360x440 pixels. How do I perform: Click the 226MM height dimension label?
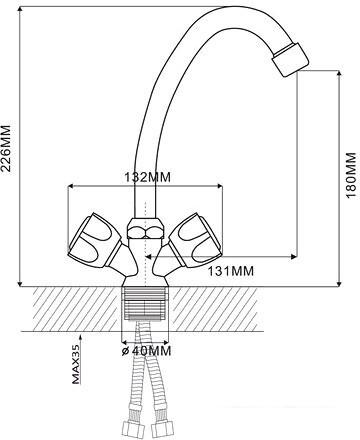point(7,148)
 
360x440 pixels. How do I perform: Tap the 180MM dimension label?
point(351,175)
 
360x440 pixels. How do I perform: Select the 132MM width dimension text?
point(147,177)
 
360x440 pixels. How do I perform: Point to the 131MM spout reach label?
point(231,271)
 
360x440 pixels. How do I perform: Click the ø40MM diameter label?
point(146,351)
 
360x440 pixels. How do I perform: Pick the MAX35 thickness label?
point(76,364)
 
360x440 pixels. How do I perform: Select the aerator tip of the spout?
point(290,59)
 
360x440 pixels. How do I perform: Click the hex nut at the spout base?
point(145,228)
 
